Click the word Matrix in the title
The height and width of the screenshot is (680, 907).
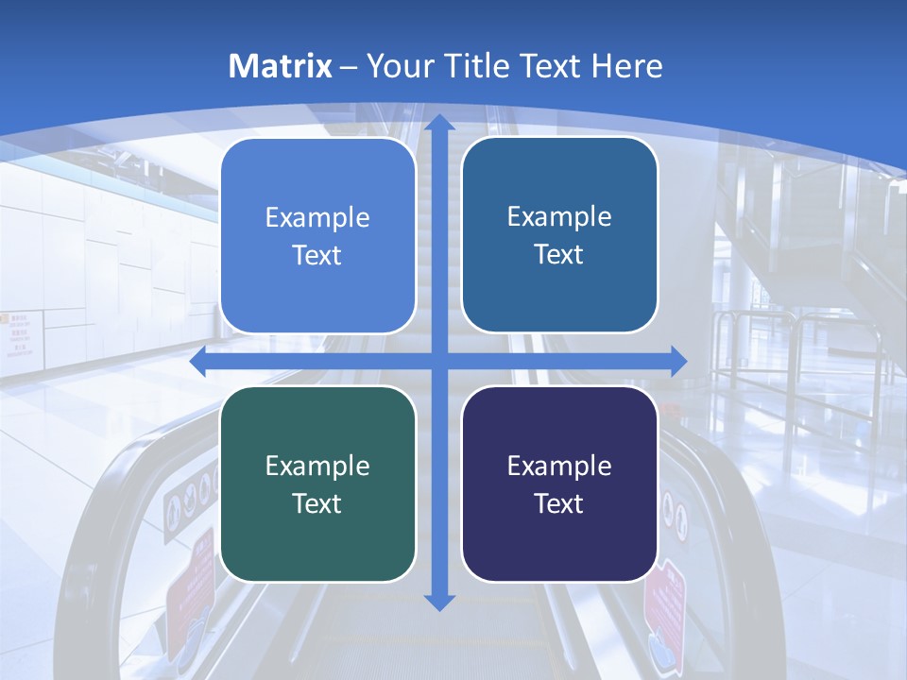[280, 66]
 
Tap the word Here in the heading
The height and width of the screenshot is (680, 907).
[626, 66]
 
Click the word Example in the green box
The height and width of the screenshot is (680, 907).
[317, 466]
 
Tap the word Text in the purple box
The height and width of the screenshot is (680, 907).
[559, 503]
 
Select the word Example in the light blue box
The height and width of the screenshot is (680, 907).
[317, 217]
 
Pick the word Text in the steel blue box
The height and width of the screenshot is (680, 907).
[559, 254]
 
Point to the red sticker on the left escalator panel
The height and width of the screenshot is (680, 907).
[189, 586]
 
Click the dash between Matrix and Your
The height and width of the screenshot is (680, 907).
[349, 67]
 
